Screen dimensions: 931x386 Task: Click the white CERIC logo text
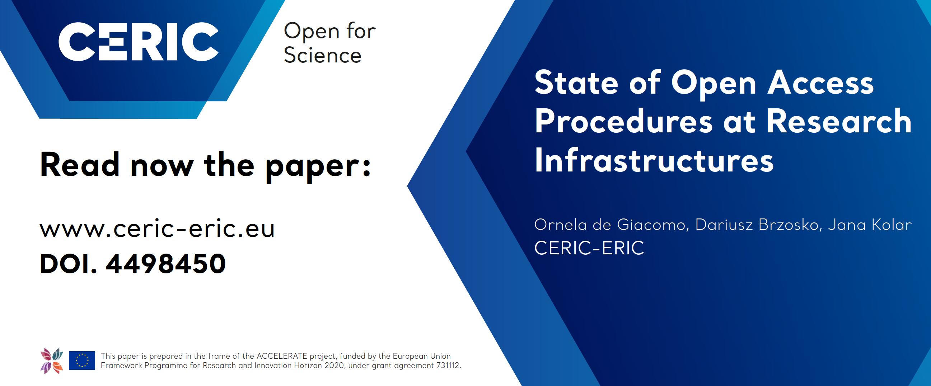[139, 42]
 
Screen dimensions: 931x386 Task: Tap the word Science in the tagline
[322, 55]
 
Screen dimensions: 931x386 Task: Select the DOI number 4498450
[166, 264]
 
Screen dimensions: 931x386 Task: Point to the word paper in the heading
[318, 167]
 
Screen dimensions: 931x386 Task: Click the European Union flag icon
[82, 361]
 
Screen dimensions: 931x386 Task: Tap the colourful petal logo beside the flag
[52, 361]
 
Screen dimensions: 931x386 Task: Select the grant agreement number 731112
[448, 366]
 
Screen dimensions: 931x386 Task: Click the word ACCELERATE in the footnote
[281, 356]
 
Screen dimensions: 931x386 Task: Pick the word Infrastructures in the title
[654, 160]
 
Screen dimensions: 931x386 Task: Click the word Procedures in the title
[624, 121]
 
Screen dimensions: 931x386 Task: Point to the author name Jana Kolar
[870, 225]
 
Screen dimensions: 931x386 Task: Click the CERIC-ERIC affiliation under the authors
[589, 248]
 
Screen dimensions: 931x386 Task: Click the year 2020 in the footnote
[334, 366]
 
